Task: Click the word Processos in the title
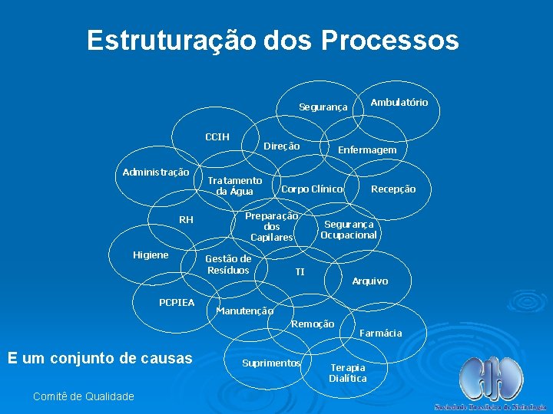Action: click(389, 40)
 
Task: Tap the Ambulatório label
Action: click(399, 102)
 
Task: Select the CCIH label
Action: click(217, 137)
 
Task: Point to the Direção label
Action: click(282, 146)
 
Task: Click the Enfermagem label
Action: click(367, 150)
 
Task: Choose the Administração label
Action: click(156, 172)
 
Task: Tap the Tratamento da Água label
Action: click(234, 186)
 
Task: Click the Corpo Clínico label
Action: click(312, 189)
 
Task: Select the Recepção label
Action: click(393, 189)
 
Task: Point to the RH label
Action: click(186, 221)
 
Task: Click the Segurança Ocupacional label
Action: click(349, 230)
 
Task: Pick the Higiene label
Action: click(151, 255)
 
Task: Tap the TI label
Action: click(300, 272)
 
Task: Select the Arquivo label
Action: click(369, 281)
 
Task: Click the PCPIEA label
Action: click(177, 303)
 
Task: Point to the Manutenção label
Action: click(244, 310)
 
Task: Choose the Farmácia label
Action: click(380, 333)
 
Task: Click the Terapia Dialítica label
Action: click(348, 373)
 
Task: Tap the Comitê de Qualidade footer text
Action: click(84, 396)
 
